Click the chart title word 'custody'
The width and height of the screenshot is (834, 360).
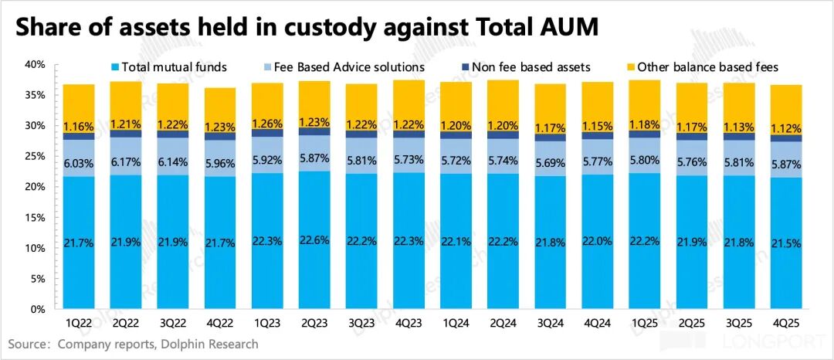click(332, 29)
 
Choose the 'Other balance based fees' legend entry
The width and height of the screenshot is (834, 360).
click(704, 67)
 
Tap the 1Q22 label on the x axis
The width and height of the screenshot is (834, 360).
click(79, 322)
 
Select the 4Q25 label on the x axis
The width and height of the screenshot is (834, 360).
click(786, 322)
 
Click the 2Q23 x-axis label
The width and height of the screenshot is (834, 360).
click(314, 322)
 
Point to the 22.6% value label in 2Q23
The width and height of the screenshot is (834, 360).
click(314, 240)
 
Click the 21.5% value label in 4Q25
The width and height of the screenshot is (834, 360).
click(786, 243)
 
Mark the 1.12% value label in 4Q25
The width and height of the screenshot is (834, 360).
click(786, 128)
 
